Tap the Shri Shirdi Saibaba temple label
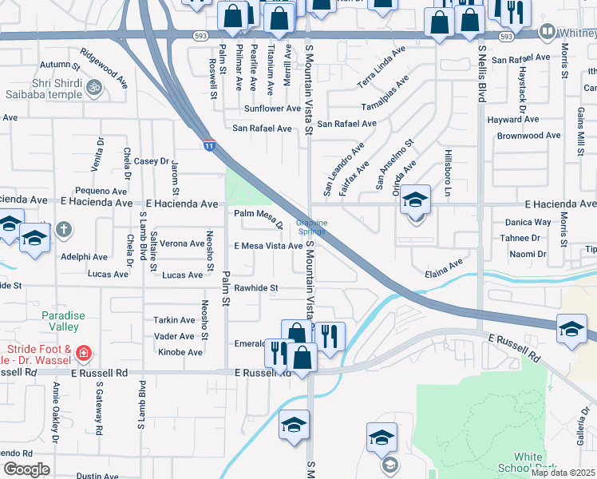click(x=40, y=89)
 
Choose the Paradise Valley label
click(x=61, y=321)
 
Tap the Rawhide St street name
click(x=255, y=288)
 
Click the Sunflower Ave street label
click(x=272, y=109)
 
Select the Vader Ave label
click(x=175, y=337)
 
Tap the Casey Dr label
click(x=153, y=161)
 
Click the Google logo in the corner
click(x=26, y=469)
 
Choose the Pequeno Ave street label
click(x=101, y=191)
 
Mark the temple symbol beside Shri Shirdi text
click(x=94, y=86)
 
